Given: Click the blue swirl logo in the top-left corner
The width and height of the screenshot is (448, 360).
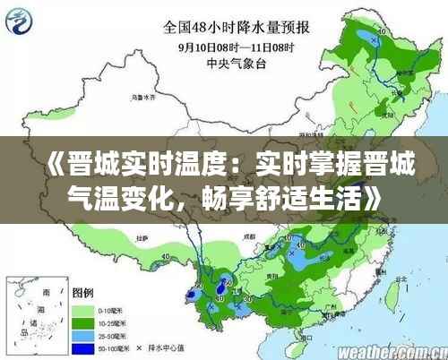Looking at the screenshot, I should (22, 20).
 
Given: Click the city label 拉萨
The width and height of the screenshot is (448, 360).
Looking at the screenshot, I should (141, 239).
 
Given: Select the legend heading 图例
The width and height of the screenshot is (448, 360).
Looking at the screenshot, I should (82, 291).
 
